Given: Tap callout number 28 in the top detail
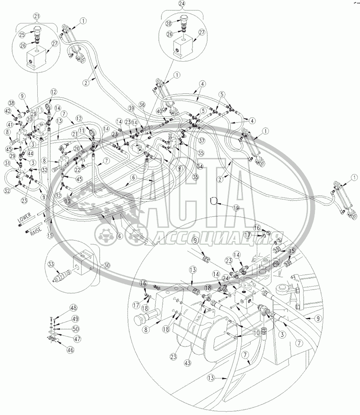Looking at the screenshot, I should (x=168, y=23).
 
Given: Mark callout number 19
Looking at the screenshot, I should (x=236, y=207).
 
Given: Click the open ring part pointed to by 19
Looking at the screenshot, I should (x=213, y=200).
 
